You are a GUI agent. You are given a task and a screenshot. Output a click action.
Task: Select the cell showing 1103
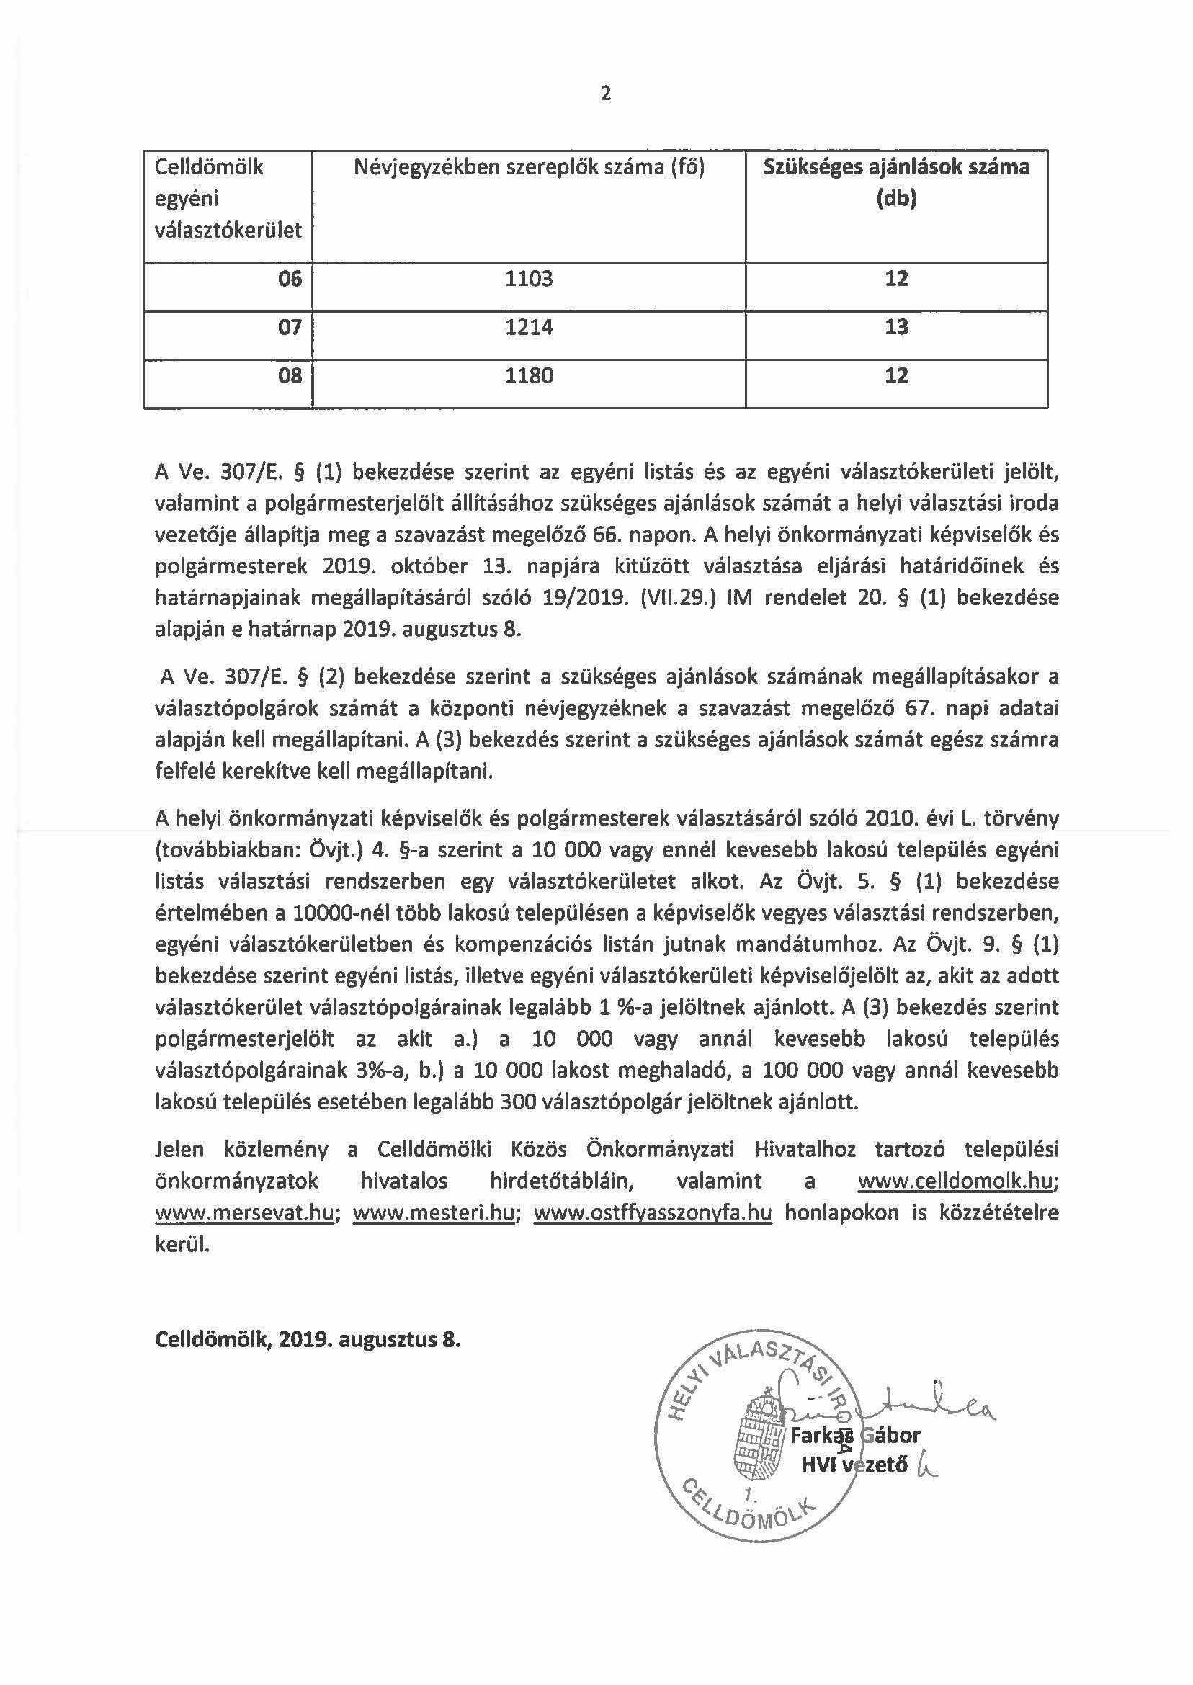pyautogui.click(x=528, y=279)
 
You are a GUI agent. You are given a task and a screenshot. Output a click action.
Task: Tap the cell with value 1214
pyautogui.click(x=528, y=328)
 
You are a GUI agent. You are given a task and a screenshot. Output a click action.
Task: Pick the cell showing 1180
pyautogui.click(x=528, y=376)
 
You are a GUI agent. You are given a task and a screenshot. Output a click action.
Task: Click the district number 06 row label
pyautogui.click(x=290, y=279)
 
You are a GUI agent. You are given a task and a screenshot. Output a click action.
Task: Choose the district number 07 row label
pyautogui.click(x=290, y=328)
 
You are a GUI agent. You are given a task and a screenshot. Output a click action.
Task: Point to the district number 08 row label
pyautogui.click(x=290, y=376)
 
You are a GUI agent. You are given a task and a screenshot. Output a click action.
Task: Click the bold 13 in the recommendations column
pyautogui.click(x=896, y=328)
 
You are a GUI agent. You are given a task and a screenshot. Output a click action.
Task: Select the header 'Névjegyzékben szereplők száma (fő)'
pyautogui.click(x=528, y=168)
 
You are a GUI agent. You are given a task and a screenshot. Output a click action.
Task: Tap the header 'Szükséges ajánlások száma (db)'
pyautogui.click(x=896, y=183)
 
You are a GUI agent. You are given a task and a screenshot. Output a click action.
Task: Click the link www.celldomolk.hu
pyautogui.click(x=957, y=1181)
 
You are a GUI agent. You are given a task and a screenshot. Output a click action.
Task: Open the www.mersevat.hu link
pyautogui.click(x=245, y=1212)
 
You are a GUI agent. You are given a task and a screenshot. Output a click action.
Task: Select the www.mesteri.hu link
pyautogui.click(x=434, y=1212)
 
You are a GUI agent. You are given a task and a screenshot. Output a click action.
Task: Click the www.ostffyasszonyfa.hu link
pyautogui.click(x=652, y=1212)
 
